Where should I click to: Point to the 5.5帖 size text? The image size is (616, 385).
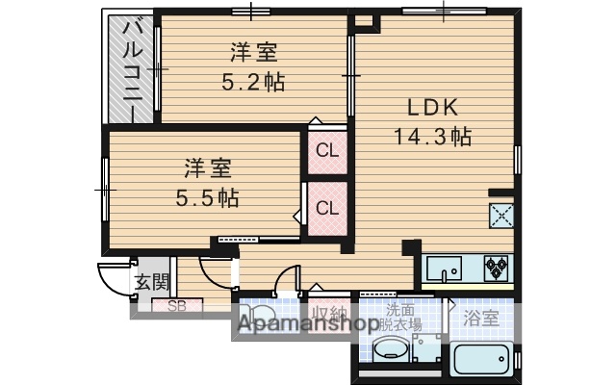click(206, 199)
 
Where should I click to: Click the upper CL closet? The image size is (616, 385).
click(327, 150)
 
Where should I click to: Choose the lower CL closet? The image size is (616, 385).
click(327, 208)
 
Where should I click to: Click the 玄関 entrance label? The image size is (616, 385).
click(151, 282)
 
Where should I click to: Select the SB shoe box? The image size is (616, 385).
click(177, 307)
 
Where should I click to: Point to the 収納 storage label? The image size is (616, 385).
click(329, 314)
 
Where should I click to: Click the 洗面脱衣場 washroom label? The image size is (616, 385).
click(402, 317)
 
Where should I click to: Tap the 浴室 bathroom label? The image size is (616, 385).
click(479, 317)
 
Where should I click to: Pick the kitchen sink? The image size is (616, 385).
click(444, 268)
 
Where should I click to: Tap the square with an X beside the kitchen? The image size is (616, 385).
click(501, 216)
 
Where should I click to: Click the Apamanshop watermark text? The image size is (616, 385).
click(307, 327)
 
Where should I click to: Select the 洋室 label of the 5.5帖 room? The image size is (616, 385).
click(207, 169)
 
